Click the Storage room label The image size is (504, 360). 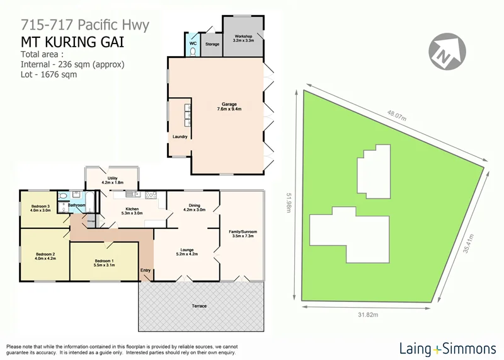[x=212, y=45]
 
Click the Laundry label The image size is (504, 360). [x=180, y=136]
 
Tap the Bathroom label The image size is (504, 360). [x=77, y=205]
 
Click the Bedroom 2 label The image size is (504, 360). [x=45, y=256]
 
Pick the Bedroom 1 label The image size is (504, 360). [x=104, y=263]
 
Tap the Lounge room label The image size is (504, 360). [x=186, y=252]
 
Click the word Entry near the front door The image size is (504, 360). [x=146, y=271]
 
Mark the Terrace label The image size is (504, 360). [x=200, y=306]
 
